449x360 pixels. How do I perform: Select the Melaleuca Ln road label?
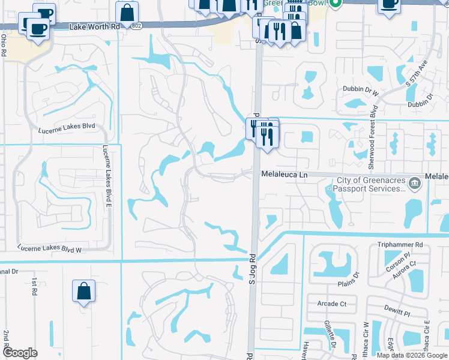(x=284, y=174)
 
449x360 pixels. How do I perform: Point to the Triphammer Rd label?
(x=400, y=245)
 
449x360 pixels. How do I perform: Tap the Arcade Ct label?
(x=332, y=304)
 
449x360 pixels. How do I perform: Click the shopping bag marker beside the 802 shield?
(x=127, y=11)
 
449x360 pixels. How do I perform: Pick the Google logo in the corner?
(x=20, y=353)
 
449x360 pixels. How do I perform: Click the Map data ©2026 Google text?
(x=412, y=355)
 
